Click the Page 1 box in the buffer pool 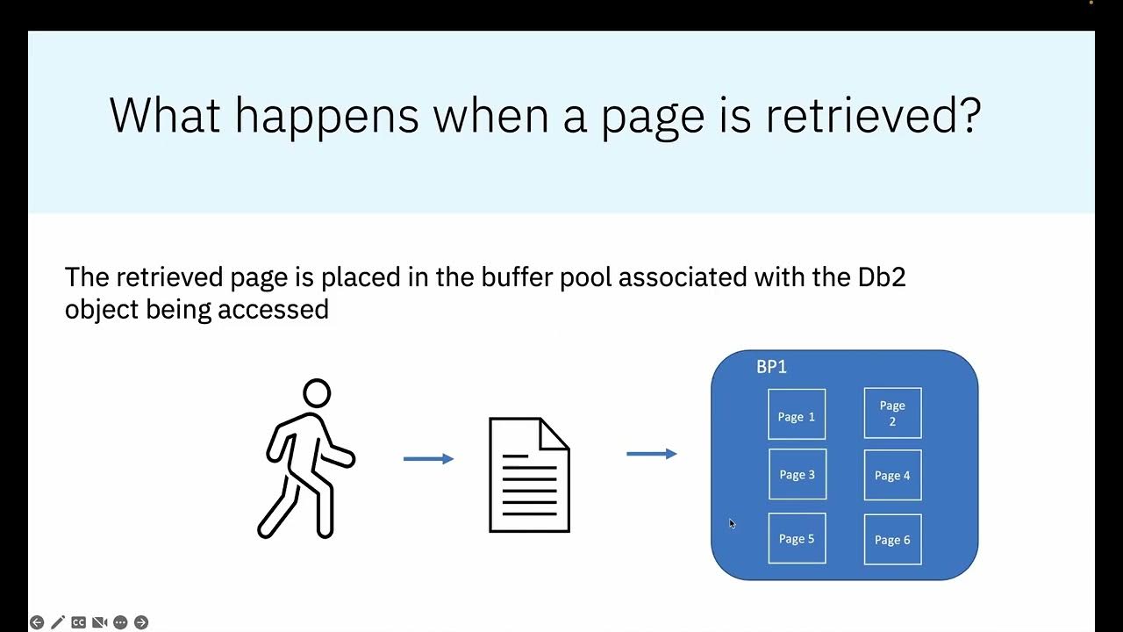pos(797,414)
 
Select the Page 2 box pos(892,413)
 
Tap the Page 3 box pos(797,474)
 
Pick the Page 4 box pos(892,475)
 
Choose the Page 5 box pos(797,538)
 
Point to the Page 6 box pos(892,539)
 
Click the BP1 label pos(771,367)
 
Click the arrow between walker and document pos(428,458)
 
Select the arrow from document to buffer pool pos(651,454)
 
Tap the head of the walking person pos(317,392)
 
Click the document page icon pos(529,475)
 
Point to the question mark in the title pos(969,115)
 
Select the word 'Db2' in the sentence pos(881,277)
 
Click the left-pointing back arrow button pos(37,622)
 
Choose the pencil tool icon pos(58,622)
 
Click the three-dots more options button pos(120,622)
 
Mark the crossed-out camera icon pos(99,622)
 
